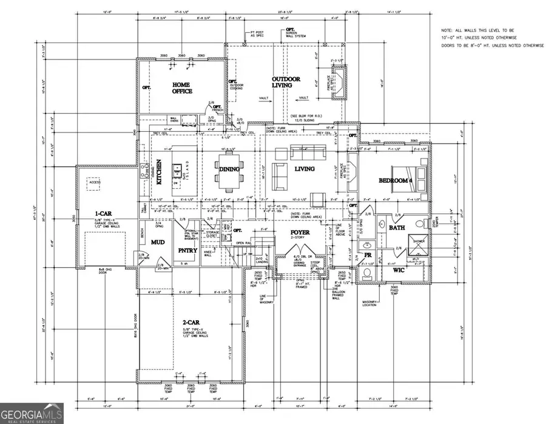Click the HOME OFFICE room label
tap(182, 88)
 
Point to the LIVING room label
tap(305, 169)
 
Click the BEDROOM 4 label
tap(396, 180)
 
